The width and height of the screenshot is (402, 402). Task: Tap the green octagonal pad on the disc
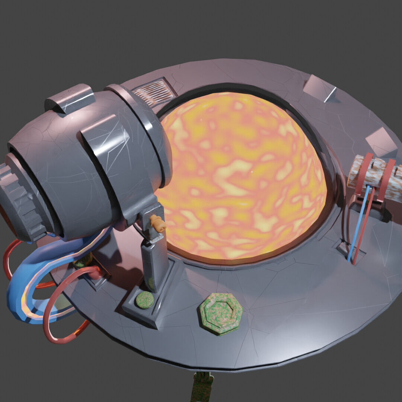tap(221, 313)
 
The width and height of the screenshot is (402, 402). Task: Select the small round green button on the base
tap(144, 300)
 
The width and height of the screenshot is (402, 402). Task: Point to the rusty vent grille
tap(154, 92)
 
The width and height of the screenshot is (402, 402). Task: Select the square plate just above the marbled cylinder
tap(380, 141)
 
